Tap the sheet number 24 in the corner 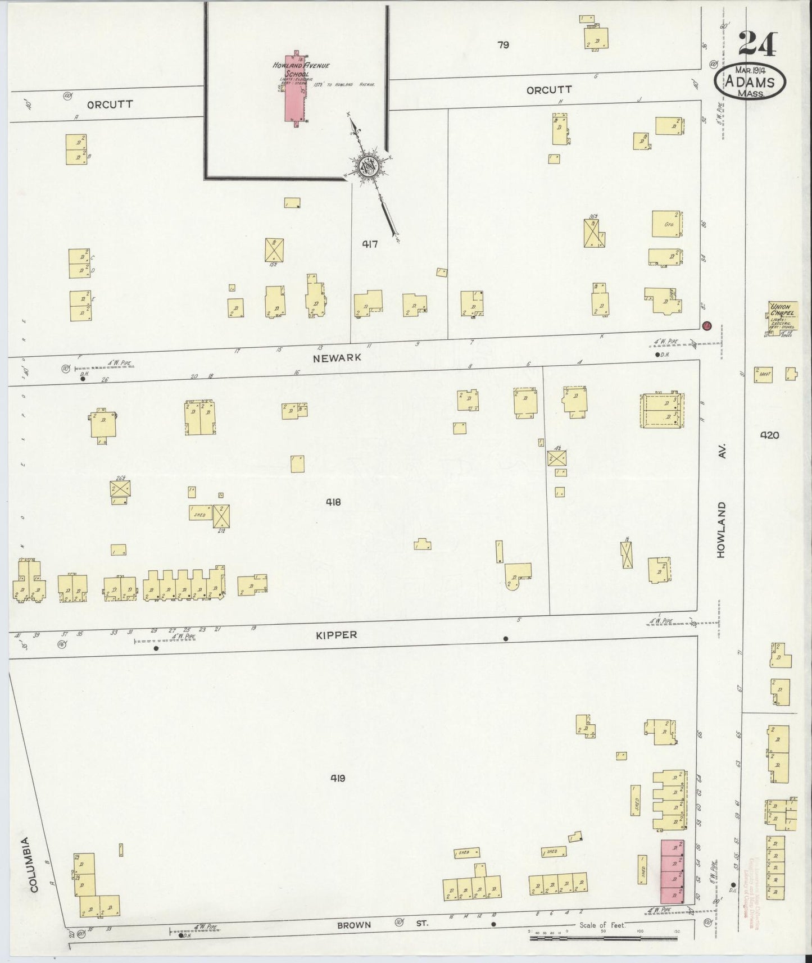click(757, 43)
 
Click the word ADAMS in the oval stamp click(750, 83)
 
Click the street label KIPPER click(336, 635)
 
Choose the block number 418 click(333, 502)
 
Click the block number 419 click(338, 778)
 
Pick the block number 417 click(370, 244)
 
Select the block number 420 click(769, 434)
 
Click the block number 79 click(503, 44)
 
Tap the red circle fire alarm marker click(707, 325)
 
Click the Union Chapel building click(781, 315)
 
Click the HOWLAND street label click(722, 530)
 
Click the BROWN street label click(354, 925)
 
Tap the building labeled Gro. click(668, 225)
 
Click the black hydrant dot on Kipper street click(506, 638)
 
